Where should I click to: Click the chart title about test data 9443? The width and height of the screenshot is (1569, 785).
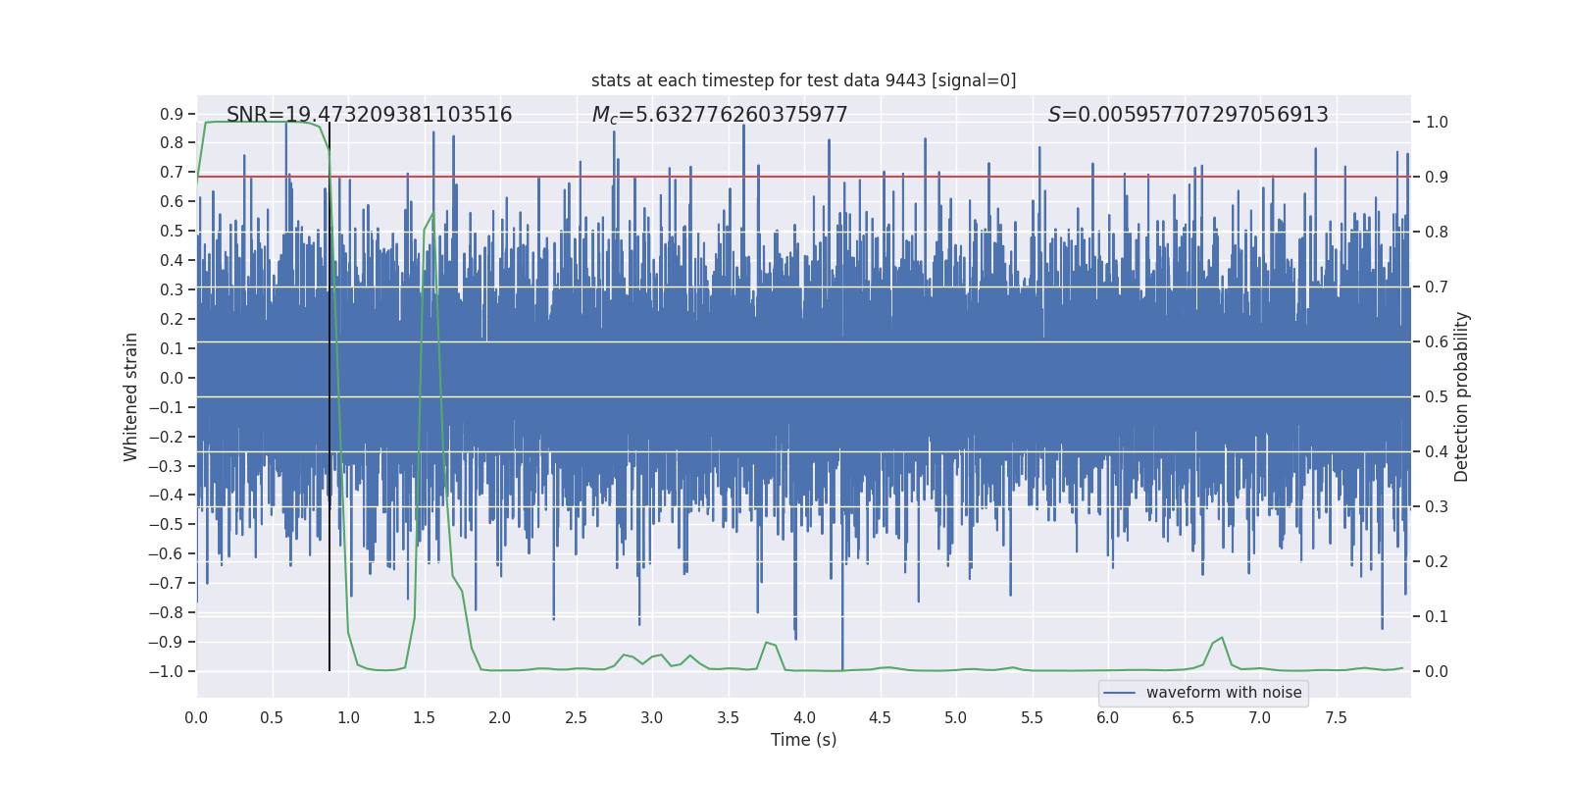(x=803, y=80)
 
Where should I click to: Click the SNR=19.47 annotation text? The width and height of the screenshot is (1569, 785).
(x=369, y=115)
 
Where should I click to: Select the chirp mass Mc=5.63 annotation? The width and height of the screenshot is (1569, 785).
(x=720, y=115)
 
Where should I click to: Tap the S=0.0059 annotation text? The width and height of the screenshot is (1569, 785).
(x=1188, y=115)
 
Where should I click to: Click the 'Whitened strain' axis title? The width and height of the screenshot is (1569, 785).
(x=131, y=396)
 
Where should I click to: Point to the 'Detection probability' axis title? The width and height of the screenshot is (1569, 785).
(x=1462, y=396)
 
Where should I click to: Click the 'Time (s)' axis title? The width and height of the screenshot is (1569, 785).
(x=803, y=740)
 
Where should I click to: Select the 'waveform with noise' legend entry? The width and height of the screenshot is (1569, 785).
(x=1223, y=693)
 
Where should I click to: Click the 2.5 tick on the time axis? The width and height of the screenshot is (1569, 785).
(x=576, y=718)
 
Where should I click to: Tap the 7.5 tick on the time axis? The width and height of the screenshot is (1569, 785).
(x=1336, y=718)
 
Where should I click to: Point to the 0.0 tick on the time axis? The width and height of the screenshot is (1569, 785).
(x=196, y=718)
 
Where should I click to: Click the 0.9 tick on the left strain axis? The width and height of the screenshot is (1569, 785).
(x=172, y=115)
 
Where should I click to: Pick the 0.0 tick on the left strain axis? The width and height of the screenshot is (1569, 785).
(x=172, y=379)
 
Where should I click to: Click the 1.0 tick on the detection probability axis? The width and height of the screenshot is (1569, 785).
(x=1437, y=123)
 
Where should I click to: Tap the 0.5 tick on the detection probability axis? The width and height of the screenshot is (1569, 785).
(x=1437, y=397)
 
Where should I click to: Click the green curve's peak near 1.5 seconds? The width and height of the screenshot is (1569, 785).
(x=432, y=214)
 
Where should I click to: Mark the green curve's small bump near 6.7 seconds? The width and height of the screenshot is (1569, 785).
(x=1221, y=638)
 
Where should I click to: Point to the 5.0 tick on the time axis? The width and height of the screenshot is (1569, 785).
(x=955, y=718)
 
